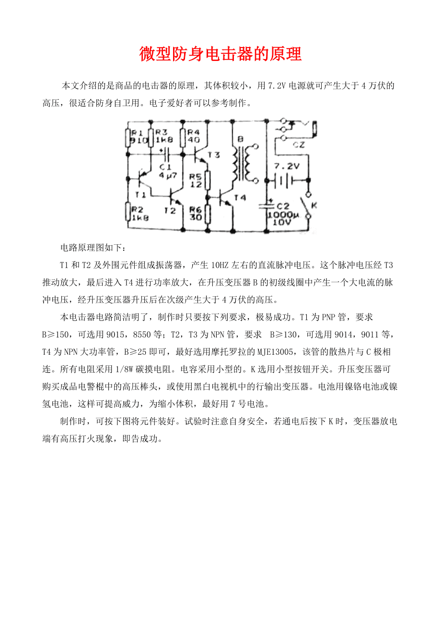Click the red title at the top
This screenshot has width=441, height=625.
pyautogui.click(x=220, y=54)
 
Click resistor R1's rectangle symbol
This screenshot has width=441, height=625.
pyautogui.click(x=128, y=137)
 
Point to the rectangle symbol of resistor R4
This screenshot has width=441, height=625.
pyautogui.click(x=183, y=137)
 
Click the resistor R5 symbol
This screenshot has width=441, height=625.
pyautogui.click(x=208, y=180)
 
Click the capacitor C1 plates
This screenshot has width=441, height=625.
pyautogui.click(x=166, y=154)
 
